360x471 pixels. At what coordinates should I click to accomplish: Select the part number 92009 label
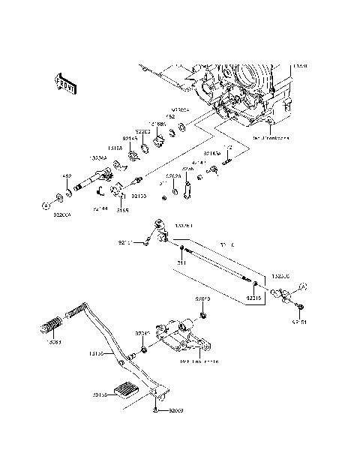[x=175, y=411]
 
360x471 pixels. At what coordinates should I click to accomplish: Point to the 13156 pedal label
[x=97, y=352]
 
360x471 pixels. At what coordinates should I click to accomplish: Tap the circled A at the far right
[x=304, y=285]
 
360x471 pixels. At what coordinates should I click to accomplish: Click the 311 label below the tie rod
[x=181, y=262]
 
